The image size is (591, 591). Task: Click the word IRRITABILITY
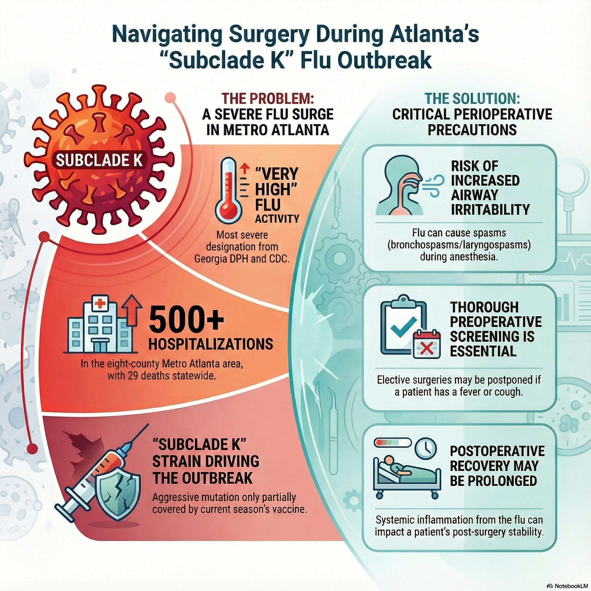tap(490, 210)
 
